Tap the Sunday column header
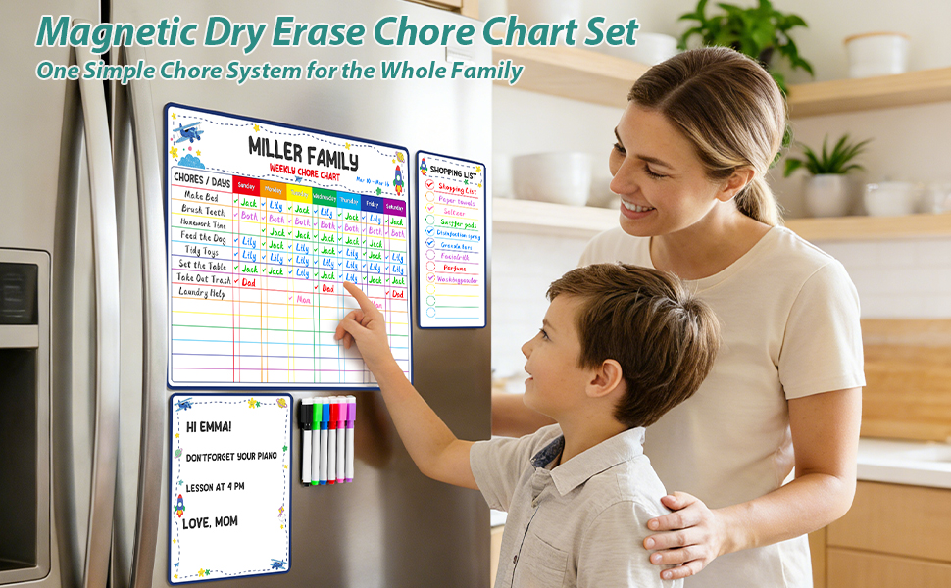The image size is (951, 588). pos(246,185)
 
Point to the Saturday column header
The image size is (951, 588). pos(394,207)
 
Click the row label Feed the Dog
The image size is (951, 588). pos(202,237)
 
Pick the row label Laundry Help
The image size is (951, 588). pos(202,291)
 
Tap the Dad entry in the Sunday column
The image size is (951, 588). pos(248,282)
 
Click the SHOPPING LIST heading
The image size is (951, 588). pos(453,173)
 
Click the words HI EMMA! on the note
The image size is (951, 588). pos(209,427)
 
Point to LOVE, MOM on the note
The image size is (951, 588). pos(211,522)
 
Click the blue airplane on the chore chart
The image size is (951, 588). pos(189,131)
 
